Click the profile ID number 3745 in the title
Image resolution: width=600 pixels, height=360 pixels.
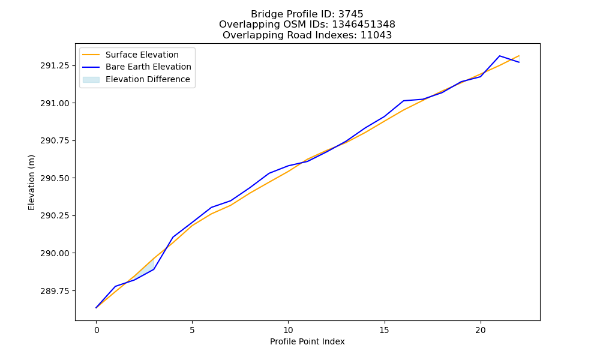[350, 14]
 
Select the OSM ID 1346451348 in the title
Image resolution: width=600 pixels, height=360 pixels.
[364, 25]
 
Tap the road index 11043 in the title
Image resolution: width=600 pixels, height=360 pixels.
[376, 35]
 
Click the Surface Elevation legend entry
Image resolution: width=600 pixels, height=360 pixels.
[130, 55]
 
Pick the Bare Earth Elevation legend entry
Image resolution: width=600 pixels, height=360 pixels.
[137, 67]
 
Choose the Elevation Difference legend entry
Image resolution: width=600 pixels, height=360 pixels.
[136, 79]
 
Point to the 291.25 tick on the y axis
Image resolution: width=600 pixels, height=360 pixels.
[55, 66]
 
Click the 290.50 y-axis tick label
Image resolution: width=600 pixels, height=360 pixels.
[55, 178]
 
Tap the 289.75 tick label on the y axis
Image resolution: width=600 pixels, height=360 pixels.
[55, 291]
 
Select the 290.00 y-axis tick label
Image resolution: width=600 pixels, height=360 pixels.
[55, 253]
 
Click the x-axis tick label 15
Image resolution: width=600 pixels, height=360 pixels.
[384, 331]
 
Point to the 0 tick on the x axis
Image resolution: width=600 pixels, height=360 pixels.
[97, 331]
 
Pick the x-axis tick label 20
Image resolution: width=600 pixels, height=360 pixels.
[480, 331]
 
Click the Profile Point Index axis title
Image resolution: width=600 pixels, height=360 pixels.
[307, 341]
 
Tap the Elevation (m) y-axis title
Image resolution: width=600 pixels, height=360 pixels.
[31, 182]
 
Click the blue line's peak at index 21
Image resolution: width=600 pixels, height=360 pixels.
[500, 56]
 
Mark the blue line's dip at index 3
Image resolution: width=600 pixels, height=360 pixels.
[154, 269]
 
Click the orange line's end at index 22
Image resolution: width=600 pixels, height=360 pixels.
[519, 56]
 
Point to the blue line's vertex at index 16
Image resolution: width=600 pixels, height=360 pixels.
[404, 101]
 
